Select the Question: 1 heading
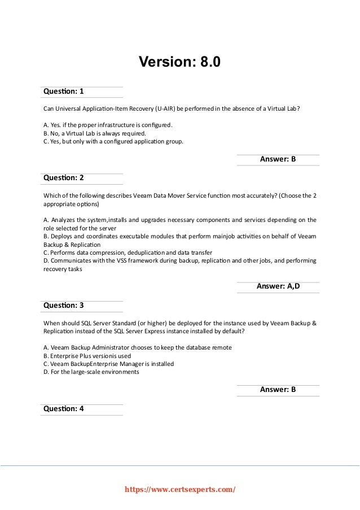coord(63,91)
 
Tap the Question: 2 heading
coord(63,177)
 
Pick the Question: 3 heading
coord(63,306)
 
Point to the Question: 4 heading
coord(63,408)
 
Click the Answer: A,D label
coord(278,286)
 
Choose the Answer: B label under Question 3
coord(278,390)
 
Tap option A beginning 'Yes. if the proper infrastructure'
coord(108,124)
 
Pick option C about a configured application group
coord(113,142)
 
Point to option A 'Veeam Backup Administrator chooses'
coord(137,347)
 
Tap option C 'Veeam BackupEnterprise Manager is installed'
coord(108,364)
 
